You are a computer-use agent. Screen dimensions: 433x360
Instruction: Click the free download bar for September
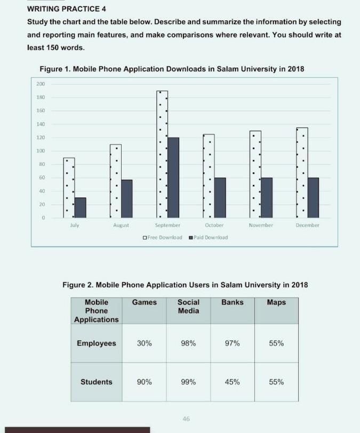click(x=162, y=154)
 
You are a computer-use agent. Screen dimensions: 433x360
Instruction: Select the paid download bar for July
click(x=80, y=207)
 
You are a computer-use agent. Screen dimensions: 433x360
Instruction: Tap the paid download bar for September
click(x=173, y=178)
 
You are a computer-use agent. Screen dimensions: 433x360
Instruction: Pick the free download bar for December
click(x=302, y=172)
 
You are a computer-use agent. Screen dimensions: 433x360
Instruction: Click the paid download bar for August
click(x=126, y=198)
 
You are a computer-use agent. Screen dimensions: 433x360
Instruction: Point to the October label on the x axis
click(x=214, y=226)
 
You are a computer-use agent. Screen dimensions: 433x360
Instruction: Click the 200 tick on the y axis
click(x=41, y=84)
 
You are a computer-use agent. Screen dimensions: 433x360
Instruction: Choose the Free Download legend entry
click(x=163, y=237)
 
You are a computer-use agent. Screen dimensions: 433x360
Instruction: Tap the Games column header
click(x=145, y=302)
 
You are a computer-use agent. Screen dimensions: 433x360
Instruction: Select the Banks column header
click(x=232, y=302)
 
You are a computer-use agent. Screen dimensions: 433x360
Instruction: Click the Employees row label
click(x=96, y=343)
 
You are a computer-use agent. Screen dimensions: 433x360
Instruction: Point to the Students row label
click(x=96, y=382)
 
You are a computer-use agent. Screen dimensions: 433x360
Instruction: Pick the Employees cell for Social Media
click(x=188, y=343)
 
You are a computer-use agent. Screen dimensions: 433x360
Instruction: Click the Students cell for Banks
click(x=232, y=382)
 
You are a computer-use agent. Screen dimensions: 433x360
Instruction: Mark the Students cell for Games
click(x=145, y=382)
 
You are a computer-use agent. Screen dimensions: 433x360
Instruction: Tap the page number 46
click(x=186, y=419)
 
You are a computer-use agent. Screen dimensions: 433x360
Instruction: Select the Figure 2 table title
click(x=185, y=285)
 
